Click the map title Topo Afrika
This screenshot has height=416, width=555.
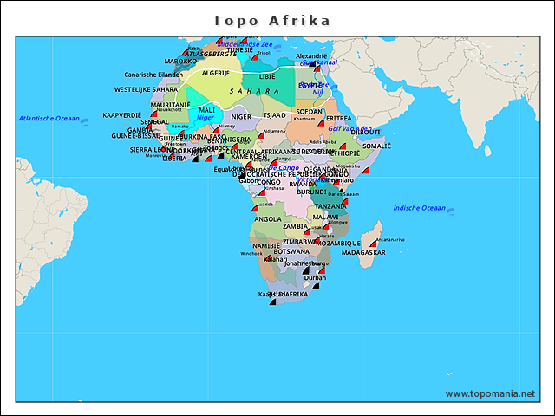[x=271, y=19]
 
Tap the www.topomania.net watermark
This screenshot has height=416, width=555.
[x=490, y=393]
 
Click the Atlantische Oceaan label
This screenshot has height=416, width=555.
[x=49, y=119]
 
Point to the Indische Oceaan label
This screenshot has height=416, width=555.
[x=419, y=208]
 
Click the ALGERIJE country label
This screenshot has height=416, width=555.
[x=215, y=74]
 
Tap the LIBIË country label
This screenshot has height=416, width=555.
[x=267, y=77]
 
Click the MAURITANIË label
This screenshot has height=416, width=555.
[x=170, y=104]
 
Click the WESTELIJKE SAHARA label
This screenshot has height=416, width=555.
[x=146, y=89]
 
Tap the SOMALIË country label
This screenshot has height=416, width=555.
[x=376, y=146]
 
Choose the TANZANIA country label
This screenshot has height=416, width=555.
[x=330, y=205]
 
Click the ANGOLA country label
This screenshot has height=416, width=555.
[x=267, y=219]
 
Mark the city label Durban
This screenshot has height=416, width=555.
[x=316, y=277]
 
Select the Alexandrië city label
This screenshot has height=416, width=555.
[x=312, y=55]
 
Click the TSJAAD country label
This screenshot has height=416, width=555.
[x=274, y=115]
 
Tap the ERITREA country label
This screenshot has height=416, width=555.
[x=339, y=118]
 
